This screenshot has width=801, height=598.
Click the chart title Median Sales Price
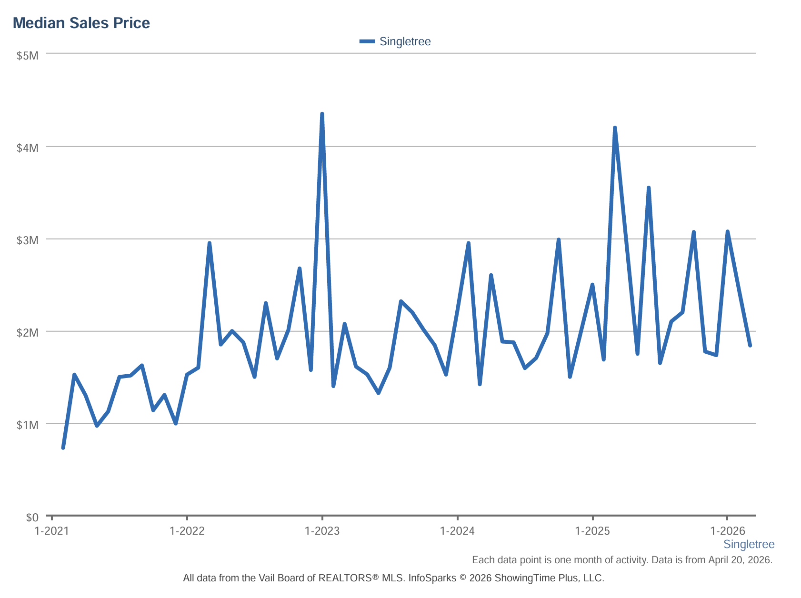pos(81,23)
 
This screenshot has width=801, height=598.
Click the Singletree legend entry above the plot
pos(395,41)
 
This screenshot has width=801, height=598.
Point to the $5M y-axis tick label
pos(28,56)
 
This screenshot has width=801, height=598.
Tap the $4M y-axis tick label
pos(28,148)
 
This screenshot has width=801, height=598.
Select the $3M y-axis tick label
pos(28,240)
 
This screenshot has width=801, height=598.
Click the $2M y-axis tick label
pos(28,333)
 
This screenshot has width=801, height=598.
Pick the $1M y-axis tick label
pos(28,425)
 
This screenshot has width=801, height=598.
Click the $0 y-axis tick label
pos(32,518)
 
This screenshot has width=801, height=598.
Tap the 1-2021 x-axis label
pos(52,531)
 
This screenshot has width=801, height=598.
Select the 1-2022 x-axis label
pos(187,531)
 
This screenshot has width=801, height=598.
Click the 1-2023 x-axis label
pos(322,531)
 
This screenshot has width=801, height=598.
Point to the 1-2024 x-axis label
pos(458,531)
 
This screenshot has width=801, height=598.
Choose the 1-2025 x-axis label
pos(592,531)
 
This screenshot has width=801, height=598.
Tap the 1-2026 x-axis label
pos(728,531)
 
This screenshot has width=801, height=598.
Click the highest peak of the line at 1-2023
pos(322,114)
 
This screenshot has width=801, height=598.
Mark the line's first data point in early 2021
pos(63,448)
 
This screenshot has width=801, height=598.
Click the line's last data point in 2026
pos(750,346)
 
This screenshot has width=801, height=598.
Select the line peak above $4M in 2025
pos(615,128)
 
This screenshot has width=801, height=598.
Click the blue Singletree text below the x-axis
pos(749,544)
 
